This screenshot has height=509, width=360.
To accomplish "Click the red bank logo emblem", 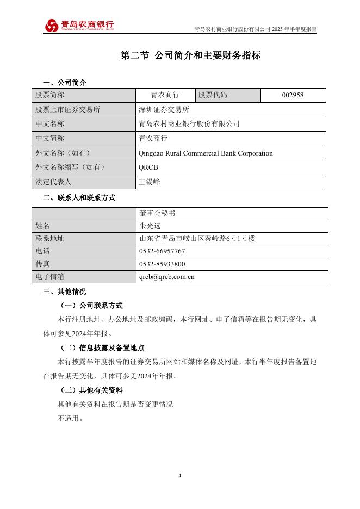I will pyautogui.click(x=52, y=26).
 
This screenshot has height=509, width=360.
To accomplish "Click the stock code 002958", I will pyautogui.click(x=293, y=95).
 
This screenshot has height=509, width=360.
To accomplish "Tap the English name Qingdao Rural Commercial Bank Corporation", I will pyautogui.click(x=206, y=153).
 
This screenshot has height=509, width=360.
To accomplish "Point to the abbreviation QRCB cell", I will pyautogui.click(x=148, y=167).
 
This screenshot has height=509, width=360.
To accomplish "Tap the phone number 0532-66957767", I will pyautogui.click(x=162, y=251).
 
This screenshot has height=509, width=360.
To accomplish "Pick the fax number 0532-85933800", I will pyautogui.click(x=162, y=264).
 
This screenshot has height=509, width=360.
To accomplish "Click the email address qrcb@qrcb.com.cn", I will pyautogui.click(x=167, y=277).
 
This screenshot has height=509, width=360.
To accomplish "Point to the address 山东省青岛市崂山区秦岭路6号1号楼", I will pyautogui.click(x=197, y=239).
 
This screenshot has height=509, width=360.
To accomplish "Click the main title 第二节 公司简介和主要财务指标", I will pyautogui.click(x=190, y=56).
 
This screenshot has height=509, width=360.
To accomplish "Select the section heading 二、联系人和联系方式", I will pyautogui.click(x=79, y=198).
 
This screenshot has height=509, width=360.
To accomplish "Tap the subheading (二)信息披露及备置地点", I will pyautogui.click(x=101, y=348).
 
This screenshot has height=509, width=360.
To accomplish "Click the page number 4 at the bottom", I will pyautogui.click(x=179, y=476).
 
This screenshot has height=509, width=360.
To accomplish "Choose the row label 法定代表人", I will pyautogui.click(x=53, y=182).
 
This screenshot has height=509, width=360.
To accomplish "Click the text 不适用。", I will pyautogui.click(x=70, y=419).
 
